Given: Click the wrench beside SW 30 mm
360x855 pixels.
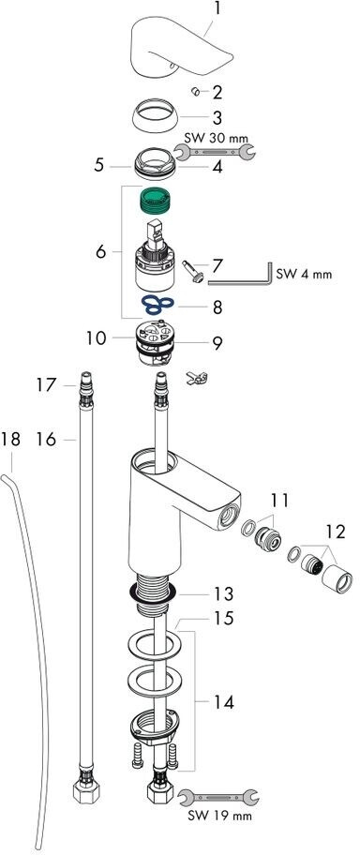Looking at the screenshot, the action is coord(214,153).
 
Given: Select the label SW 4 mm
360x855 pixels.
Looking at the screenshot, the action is coord(303,275).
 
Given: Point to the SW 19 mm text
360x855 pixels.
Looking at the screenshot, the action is coord(219,817).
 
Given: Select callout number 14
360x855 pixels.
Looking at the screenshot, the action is coord(224,702).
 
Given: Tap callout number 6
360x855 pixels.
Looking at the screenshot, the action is coord(100,252).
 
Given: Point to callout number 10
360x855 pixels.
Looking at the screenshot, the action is coord(96,338).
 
